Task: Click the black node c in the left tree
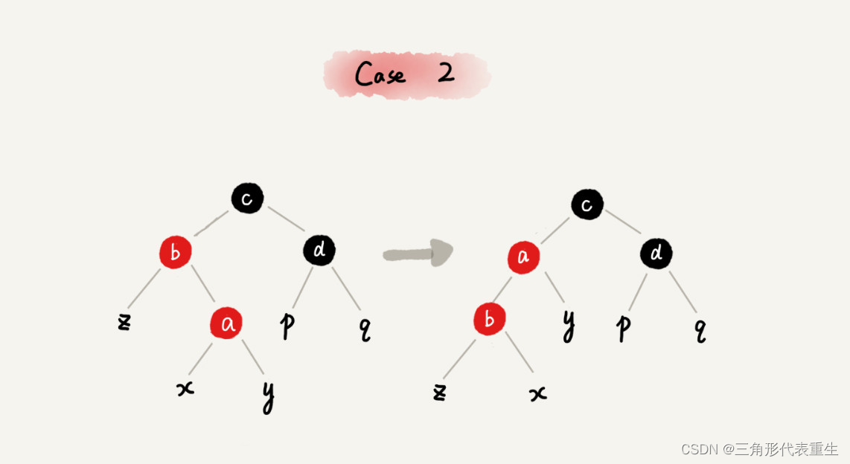[x=247, y=198]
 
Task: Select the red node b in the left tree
[x=176, y=253]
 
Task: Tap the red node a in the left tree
[x=226, y=323]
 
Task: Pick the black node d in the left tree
[x=319, y=250]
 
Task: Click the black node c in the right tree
[x=587, y=204]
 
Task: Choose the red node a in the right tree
[x=524, y=257]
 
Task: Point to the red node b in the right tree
[x=490, y=319]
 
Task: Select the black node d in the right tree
[x=656, y=254]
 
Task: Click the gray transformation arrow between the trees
[x=418, y=254]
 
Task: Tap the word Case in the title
[x=380, y=74]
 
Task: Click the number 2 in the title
[x=446, y=72]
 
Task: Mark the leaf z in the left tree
[x=124, y=322]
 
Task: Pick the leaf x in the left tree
[x=185, y=388]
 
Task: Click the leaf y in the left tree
[x=268, y=396]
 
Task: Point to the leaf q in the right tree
[x=700, y=330]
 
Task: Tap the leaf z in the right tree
[x=440, y=393]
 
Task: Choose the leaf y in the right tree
[x=569, y=325]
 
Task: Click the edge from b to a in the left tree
[x=202, y=283]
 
